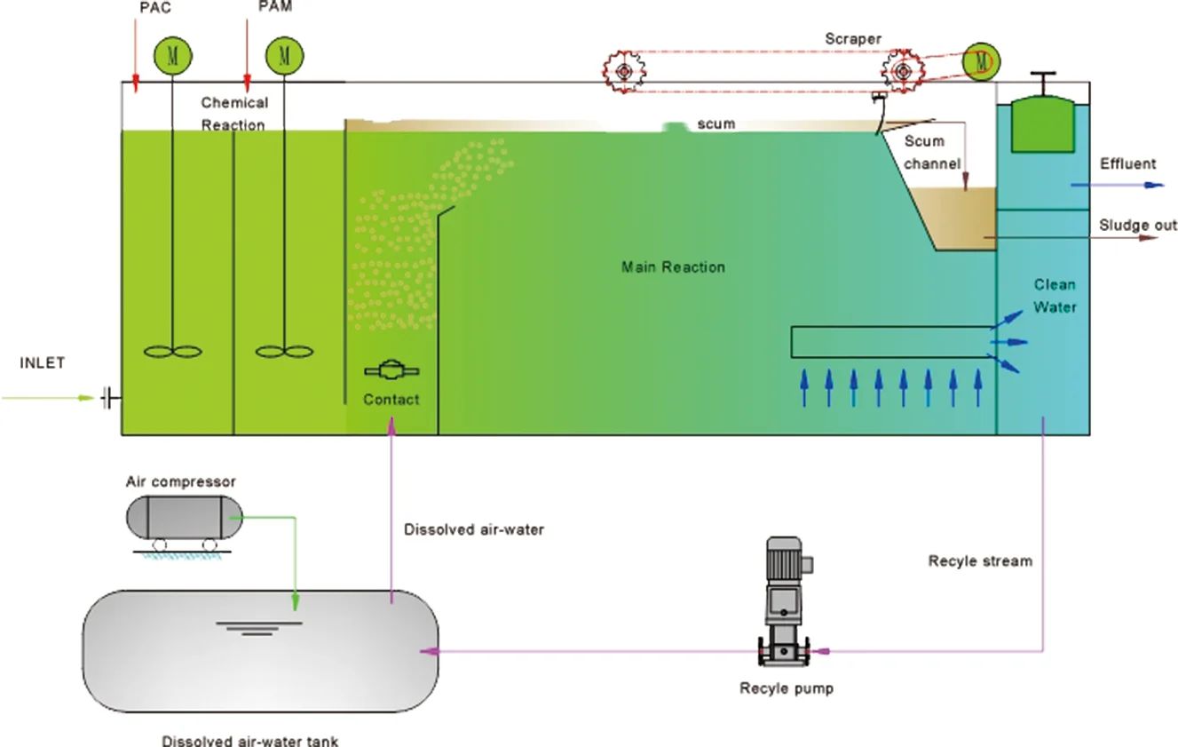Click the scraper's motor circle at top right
pos(981,61)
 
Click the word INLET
pos(42,362)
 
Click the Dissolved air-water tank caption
pos(249,740)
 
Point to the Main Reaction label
pos(673,266)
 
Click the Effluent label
pos(1127,163)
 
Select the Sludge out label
pos(1138,225)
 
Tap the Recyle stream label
pos(980,560)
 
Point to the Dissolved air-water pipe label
pos(473,529)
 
